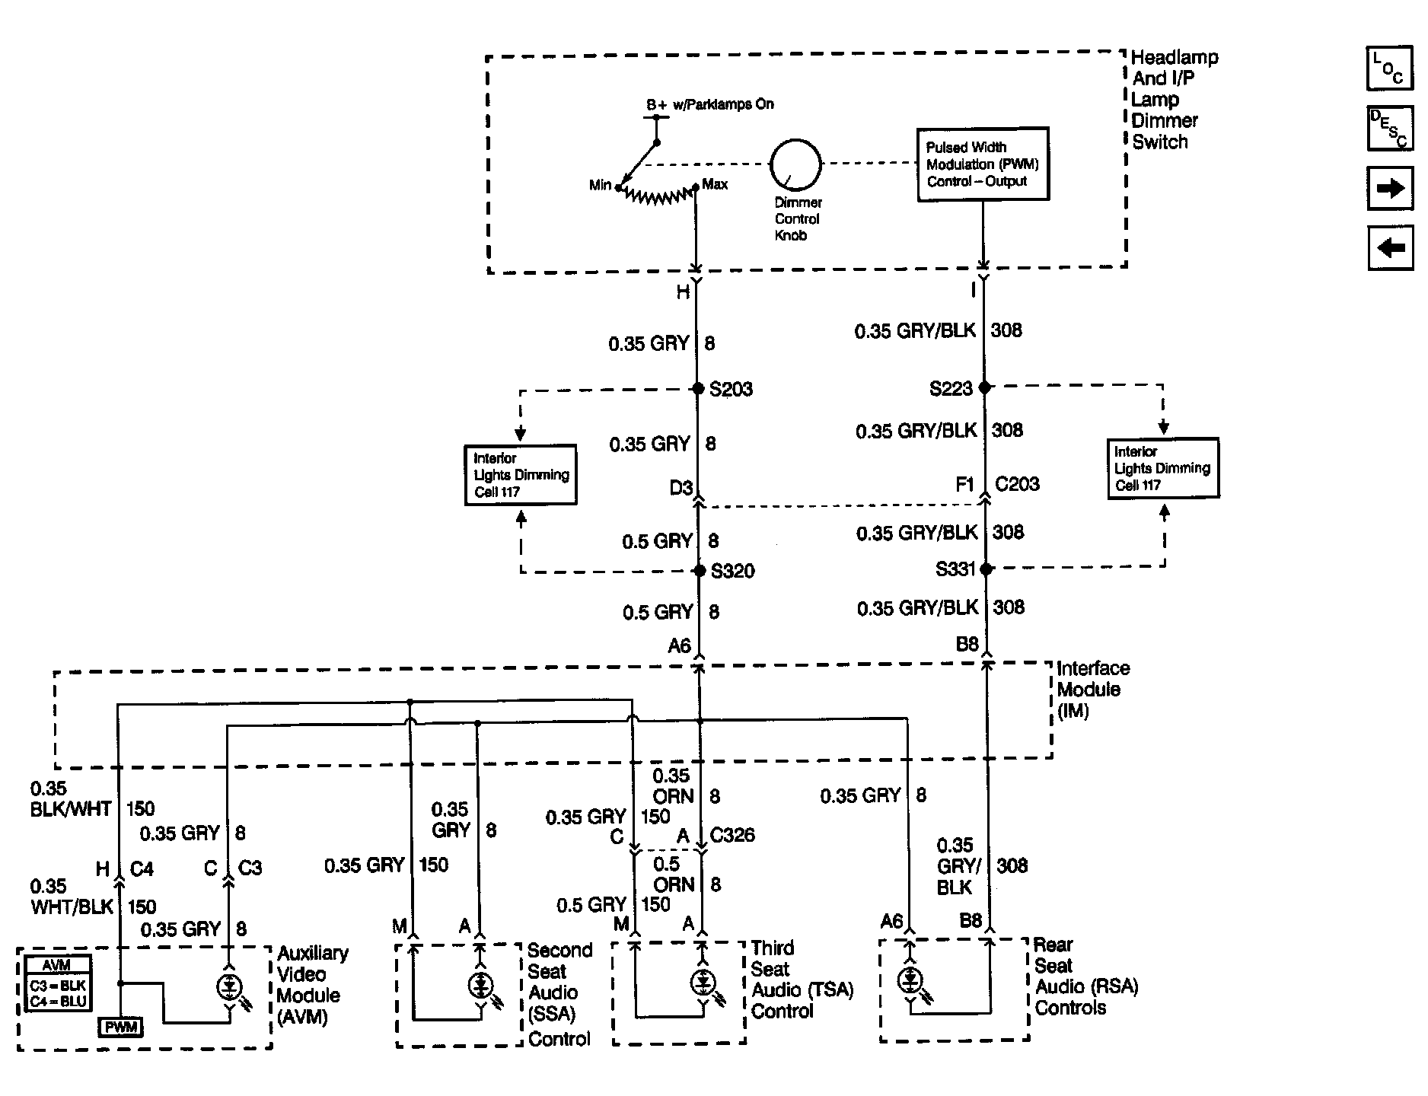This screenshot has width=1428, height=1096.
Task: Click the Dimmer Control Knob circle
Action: point(796,139)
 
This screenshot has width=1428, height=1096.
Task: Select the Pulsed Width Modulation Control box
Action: point(983,164)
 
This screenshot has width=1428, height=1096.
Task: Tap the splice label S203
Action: point(731,390)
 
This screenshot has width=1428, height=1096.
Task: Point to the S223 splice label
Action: point(951,389)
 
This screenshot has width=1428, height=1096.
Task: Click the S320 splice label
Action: point(732,571)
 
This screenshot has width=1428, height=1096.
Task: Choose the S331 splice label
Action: point(955,569)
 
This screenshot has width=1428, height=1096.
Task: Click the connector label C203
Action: point(1018,484)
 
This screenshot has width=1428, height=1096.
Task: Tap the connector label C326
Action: point(732,835)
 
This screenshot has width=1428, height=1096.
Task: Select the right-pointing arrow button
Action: point(1391,188)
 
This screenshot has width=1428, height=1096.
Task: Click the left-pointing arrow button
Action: point(1391,247)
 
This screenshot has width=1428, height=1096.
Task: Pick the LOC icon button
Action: point(1391,68)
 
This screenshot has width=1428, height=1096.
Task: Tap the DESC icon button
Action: point(1391,128)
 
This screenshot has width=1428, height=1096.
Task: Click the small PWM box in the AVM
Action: point(121,1027)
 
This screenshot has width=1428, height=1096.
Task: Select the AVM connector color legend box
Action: point(58,983)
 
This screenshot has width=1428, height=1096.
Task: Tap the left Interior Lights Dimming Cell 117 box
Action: point(521,475)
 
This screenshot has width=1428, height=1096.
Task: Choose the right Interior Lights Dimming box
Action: point(1163,468)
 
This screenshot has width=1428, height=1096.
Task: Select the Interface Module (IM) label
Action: point(1093,690)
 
